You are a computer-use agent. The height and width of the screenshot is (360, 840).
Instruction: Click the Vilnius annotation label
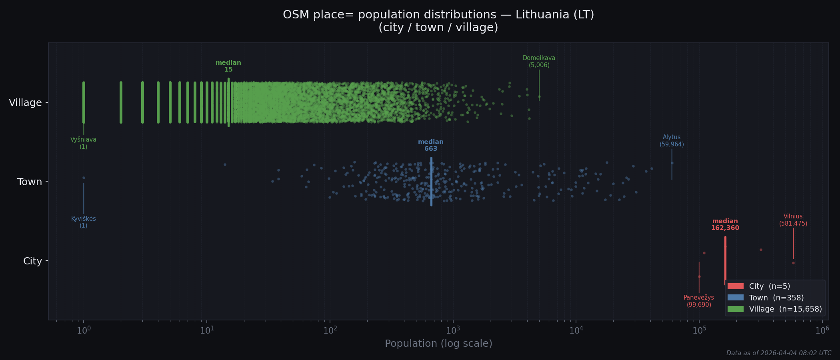(x=793, y=220)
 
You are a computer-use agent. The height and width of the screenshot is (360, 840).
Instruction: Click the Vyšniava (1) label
(x=83, y=143)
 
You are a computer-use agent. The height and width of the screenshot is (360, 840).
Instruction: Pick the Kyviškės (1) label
(x=83, y=222)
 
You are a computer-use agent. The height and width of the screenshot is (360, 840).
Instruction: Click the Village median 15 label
(x=228, y=66)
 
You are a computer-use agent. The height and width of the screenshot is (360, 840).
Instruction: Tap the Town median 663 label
(x=431, y=145)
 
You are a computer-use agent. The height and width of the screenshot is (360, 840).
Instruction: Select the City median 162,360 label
(x=725, y=224)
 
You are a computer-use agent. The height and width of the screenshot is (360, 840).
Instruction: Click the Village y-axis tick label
(x=25, y=103)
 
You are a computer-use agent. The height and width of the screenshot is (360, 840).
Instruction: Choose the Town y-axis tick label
(x=30, y=182)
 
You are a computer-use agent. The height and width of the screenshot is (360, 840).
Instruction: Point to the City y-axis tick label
(x=32, y=261)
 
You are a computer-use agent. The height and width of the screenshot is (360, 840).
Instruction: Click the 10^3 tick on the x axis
(x=453, y=330)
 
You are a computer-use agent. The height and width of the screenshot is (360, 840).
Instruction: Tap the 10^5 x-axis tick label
(x=699, y=330)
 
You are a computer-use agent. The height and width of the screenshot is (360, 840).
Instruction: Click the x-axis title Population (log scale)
(x=438, y=344)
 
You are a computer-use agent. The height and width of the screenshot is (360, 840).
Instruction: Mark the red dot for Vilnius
(x=793, y=263)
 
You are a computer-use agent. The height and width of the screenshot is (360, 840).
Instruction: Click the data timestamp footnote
(x=779, y=353)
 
